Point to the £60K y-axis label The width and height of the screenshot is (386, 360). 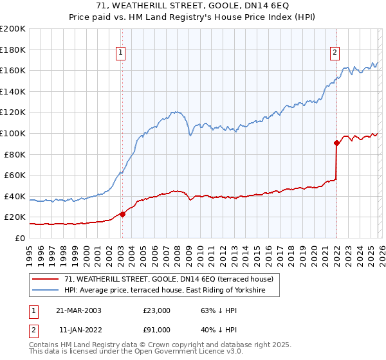pos(15,175)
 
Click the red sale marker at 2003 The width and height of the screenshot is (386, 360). pos(122,214)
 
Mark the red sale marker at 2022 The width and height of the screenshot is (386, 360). pos(336,143)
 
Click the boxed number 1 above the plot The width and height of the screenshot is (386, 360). pos(122,53)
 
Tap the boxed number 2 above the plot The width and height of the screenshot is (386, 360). pos(336,53)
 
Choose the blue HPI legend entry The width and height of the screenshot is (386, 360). pos(172,291)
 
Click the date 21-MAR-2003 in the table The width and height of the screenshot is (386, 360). pos(79,310)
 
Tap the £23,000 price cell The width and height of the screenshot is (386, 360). pos(157,310)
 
